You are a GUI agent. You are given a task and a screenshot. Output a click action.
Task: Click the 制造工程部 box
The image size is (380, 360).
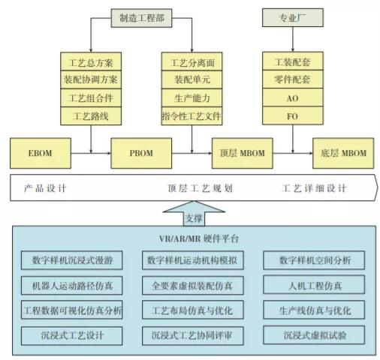(141, 18)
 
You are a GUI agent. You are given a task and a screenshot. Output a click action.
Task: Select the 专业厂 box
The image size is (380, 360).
(293, 17)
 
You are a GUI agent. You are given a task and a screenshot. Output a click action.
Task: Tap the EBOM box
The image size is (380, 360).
(41, 153)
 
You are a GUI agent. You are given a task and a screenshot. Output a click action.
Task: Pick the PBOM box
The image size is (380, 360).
(141, 153)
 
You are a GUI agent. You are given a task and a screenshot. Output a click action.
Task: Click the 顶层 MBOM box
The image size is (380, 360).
(242, 153)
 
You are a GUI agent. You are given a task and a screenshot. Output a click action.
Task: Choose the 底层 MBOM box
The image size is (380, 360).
(343, 153)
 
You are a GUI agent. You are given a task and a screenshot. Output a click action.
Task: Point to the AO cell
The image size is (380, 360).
(293, 97)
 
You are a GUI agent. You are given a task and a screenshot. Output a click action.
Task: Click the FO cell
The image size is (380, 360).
(293, 115)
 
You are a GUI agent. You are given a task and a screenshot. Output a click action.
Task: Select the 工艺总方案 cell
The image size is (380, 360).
(91, 61)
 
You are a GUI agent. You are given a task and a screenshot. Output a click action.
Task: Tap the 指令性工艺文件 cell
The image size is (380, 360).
(192, 115)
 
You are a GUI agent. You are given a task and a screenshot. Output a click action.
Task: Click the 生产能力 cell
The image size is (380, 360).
(192, 97)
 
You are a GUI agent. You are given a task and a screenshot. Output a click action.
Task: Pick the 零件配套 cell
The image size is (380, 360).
(293, 79)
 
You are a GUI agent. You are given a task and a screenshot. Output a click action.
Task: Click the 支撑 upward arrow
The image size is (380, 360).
(194, 214)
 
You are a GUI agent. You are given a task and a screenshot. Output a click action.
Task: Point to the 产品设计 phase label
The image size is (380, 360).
(45, 188)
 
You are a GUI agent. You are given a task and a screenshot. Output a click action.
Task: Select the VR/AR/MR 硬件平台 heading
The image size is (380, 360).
(199, 238)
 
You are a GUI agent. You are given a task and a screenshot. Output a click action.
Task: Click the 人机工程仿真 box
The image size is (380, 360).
(314, 285)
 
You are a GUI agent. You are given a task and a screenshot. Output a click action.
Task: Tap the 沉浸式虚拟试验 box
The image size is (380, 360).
(314, 335)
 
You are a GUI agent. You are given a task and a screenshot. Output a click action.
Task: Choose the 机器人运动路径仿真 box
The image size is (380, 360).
(72, 285)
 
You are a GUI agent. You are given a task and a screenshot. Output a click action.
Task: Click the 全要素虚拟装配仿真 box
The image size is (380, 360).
(193, 285)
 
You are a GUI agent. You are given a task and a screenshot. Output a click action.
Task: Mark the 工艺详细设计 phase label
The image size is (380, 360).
(315, 188)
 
